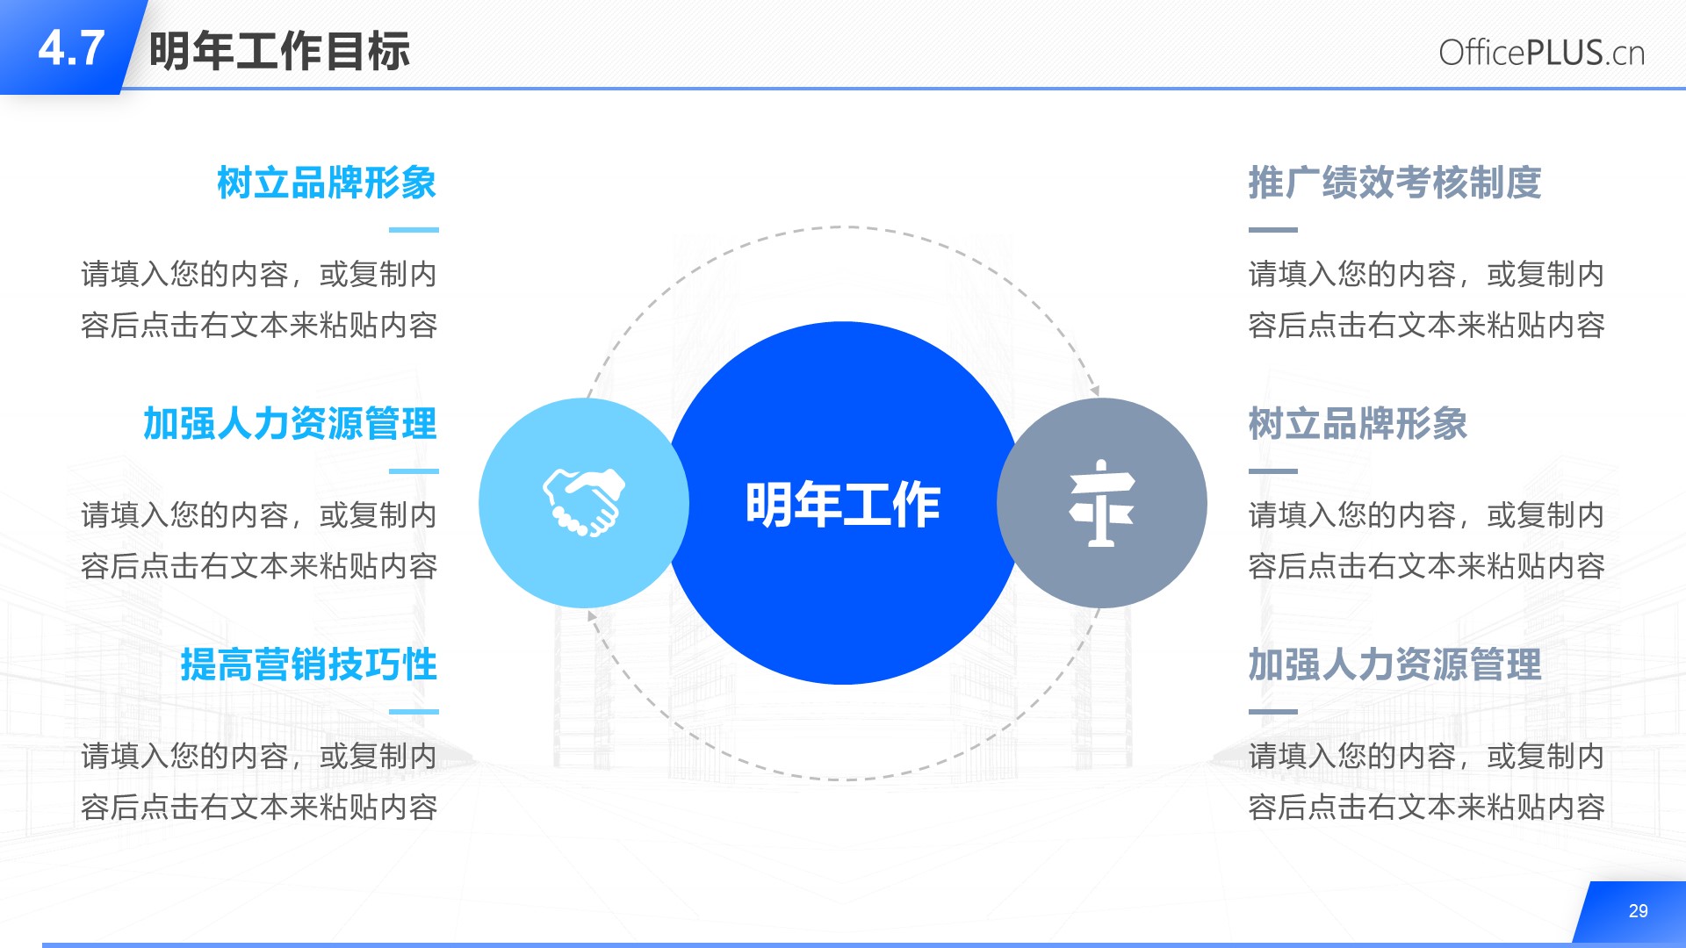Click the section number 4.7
(71, 48)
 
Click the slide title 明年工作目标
(279, 51)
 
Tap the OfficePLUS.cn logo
(1541, 53)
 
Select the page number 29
(1638, 911)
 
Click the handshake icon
(584, 502)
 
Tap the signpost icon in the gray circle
(1101, 503)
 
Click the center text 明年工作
(843, 504)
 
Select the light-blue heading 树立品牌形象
(327, 183)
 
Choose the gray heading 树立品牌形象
(1358, 424)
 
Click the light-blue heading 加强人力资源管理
(290, 424)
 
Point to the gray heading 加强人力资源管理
(1394, 664)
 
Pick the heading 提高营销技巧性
(308, 664)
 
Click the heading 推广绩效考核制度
(1394, 183)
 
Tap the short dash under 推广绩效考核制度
(1273, 230)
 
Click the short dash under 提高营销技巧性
(414, 712)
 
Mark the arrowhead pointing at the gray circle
(1095, 391)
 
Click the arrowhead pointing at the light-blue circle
(592, 616)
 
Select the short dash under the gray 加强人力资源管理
(1273, 712)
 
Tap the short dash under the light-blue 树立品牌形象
(414, 230)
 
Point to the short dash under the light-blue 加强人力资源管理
(414, 471)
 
